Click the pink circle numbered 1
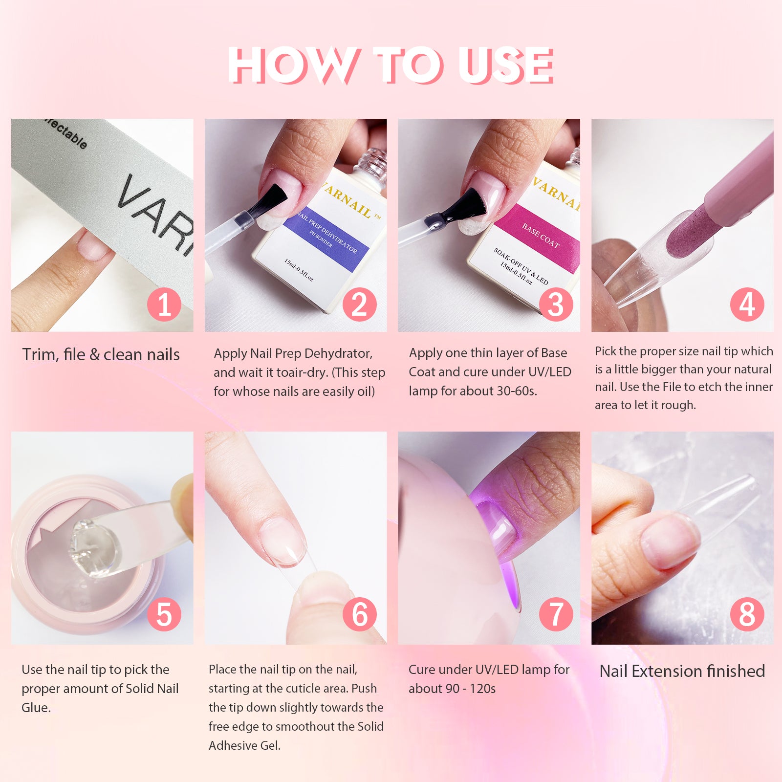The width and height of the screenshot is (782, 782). tap(164, 304)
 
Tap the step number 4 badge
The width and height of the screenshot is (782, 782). tap(747, 304)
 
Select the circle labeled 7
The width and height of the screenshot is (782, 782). tap(556, 614)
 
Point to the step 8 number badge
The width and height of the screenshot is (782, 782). tap(747, 614)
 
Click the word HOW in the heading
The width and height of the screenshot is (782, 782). tap(292, 65)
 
